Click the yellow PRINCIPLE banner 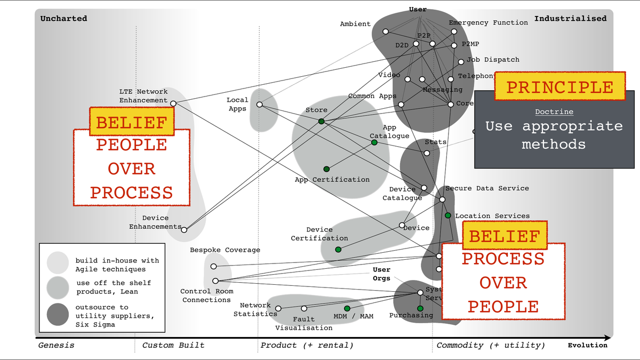pyautogui.click(x=559, y=86)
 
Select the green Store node pyautogui.click(x=321, y=122)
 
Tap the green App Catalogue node pyautogui.click(x=374, y=142)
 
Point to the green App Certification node pyautogui.click(x=326, y=169)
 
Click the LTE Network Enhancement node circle pyautogui.click(x=173, y=103)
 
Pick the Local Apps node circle pyautogui.click(x=259, y=105)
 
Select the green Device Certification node pyautogui.click(x=338, y=249)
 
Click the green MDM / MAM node pyautogui.click(x=347, y=308)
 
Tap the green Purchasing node pyautogui.click(x=420, y=308)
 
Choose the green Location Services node pyautogui.click(x=448, y=215)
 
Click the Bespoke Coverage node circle pyautogui.click(x=213, y=266)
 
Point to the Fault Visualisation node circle pyautogui.click(x=304, y=308)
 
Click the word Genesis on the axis pyautogui.click(x=56, y=345)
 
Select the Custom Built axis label pyautogui.click(x=173, y=345)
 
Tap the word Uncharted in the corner pyautogui.click(x=63, y=19)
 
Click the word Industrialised pyautogui.click(x=570, y=19)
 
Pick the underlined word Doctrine pyautogui.click(x=554, y=112)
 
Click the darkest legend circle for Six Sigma pyautogui.click(x=57, y=314)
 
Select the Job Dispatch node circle pyautogui.click(x=461, y=62)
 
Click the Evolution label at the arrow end pyautogui.click(x=587, y=345)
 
